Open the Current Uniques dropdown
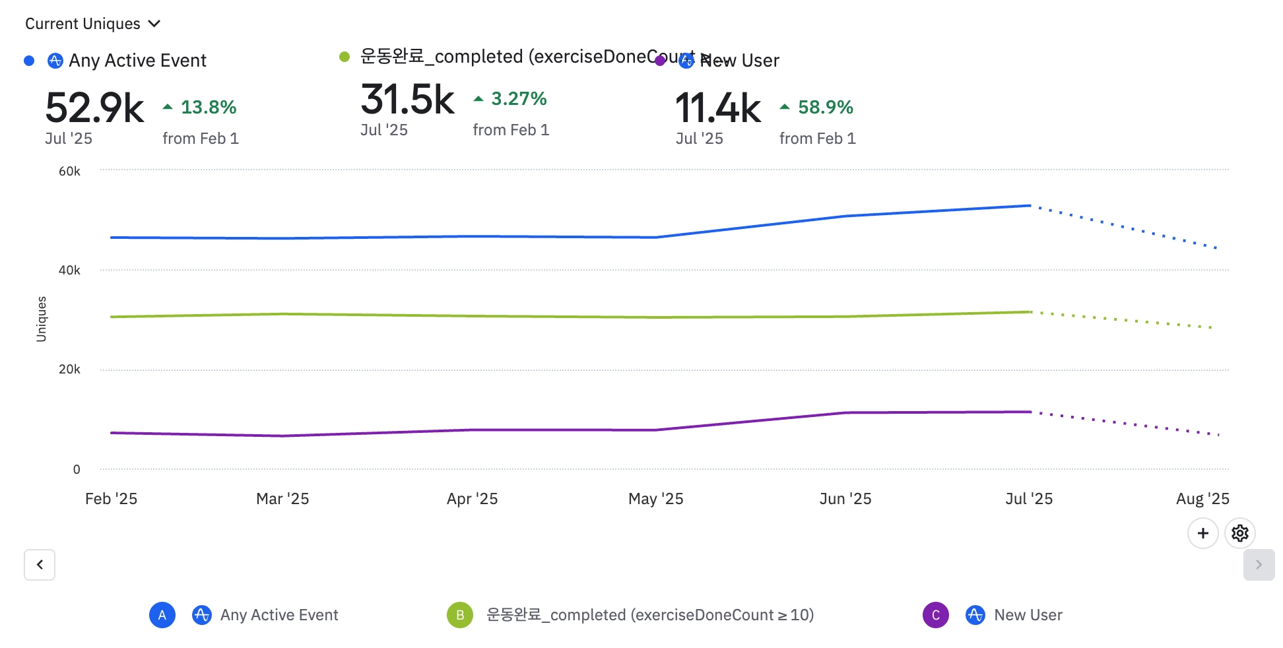point(92,24)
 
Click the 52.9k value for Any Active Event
point(94,108)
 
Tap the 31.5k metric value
point(407,100)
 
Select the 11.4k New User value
point(717,108)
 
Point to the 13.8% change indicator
point(201,107)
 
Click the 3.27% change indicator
point(511,99)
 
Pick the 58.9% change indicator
point(817,107)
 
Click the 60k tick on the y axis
point(69,172)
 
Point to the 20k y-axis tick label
point(69,370)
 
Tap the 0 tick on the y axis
point(77,470)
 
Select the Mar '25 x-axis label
point(282,499)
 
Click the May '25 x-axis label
point(655,499)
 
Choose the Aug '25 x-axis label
point(1202,499)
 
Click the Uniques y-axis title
point(42,319)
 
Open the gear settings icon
point(1239,533)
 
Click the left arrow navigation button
point(40,565)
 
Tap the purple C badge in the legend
point(935,615)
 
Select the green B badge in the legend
point(460,615)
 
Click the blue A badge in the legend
point(162,615)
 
